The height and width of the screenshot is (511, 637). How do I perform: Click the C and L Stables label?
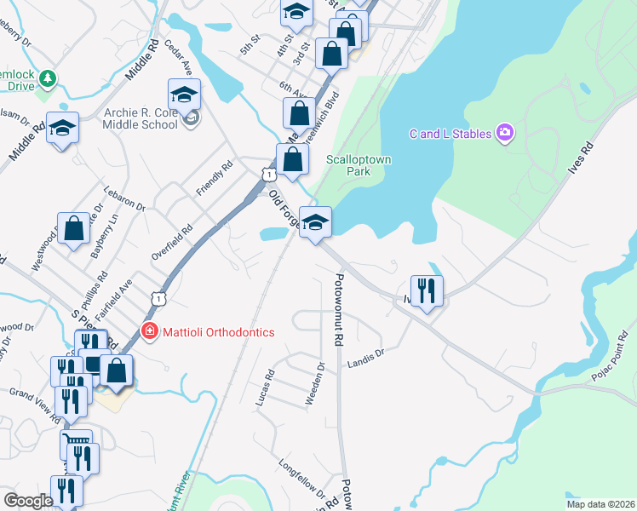pos(450,133)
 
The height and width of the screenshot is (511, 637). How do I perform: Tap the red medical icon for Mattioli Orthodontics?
pos(150,331)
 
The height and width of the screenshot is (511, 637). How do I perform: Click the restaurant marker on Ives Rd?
pos(424,290)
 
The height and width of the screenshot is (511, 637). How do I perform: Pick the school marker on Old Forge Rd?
pos(315,223)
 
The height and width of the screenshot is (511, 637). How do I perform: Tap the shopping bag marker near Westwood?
pos(74,229)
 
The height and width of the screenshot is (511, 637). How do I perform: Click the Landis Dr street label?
pos(366,358)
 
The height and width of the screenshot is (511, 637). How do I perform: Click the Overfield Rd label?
pos(172,241)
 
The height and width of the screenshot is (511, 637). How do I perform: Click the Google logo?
pos(28,501)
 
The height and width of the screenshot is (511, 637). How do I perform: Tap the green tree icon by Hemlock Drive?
pos(49,79)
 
